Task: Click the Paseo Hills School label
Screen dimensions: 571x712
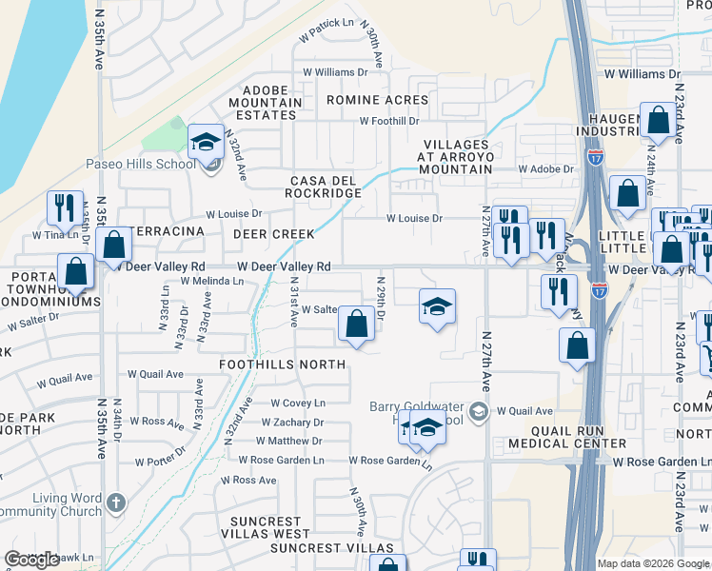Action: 141,164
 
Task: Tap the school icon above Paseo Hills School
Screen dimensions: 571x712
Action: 205,143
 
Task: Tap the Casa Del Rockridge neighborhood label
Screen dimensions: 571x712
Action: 326,187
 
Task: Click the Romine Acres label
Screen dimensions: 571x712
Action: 377,100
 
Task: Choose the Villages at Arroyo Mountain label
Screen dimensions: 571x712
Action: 457,156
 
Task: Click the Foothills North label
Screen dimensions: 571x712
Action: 282,364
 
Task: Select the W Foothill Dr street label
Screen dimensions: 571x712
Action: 388,121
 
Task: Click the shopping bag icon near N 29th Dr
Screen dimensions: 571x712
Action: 355,325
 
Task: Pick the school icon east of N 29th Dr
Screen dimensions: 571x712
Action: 437,307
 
